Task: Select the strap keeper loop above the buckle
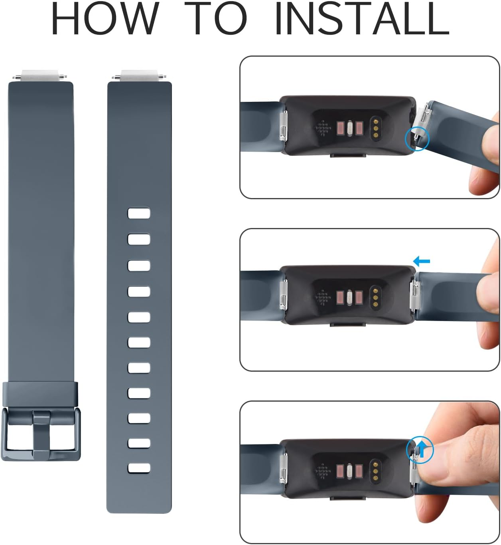(40, 394)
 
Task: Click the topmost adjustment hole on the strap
(139, 213)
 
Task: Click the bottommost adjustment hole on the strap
(139, 468)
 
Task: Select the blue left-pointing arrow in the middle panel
(422, 262)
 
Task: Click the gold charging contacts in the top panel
(375, 127)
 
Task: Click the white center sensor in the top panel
(350, 128)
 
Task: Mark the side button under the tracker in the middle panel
(348, 325)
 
